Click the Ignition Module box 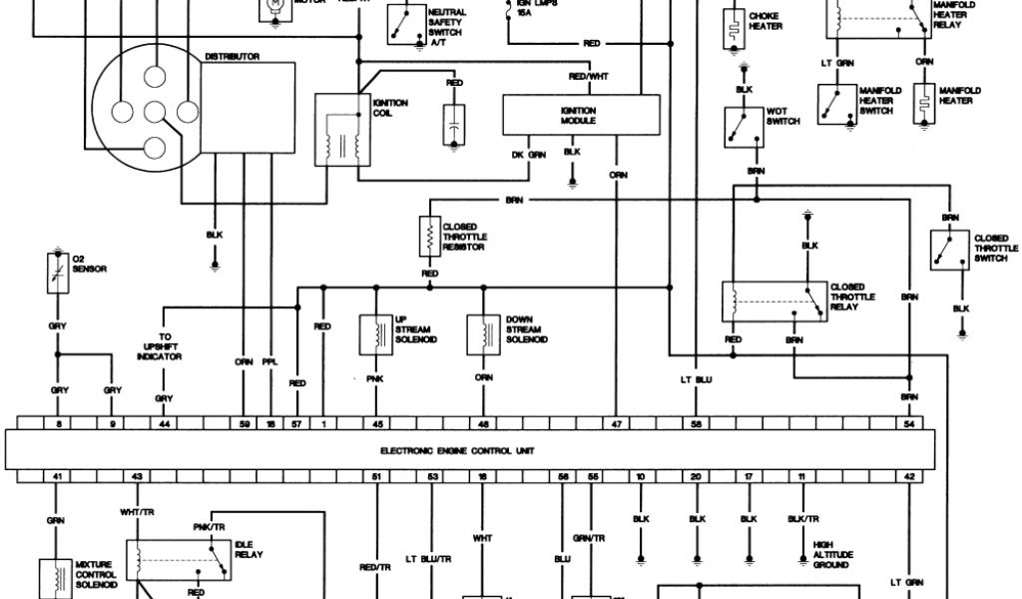[580, 115]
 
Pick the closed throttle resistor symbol [430, 235]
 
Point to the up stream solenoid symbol [377, 335]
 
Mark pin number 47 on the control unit [617, 425]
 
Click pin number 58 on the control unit [696, 425]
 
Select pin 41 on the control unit [58, 477]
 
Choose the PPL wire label [269, 362]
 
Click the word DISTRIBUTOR [232, 57]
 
